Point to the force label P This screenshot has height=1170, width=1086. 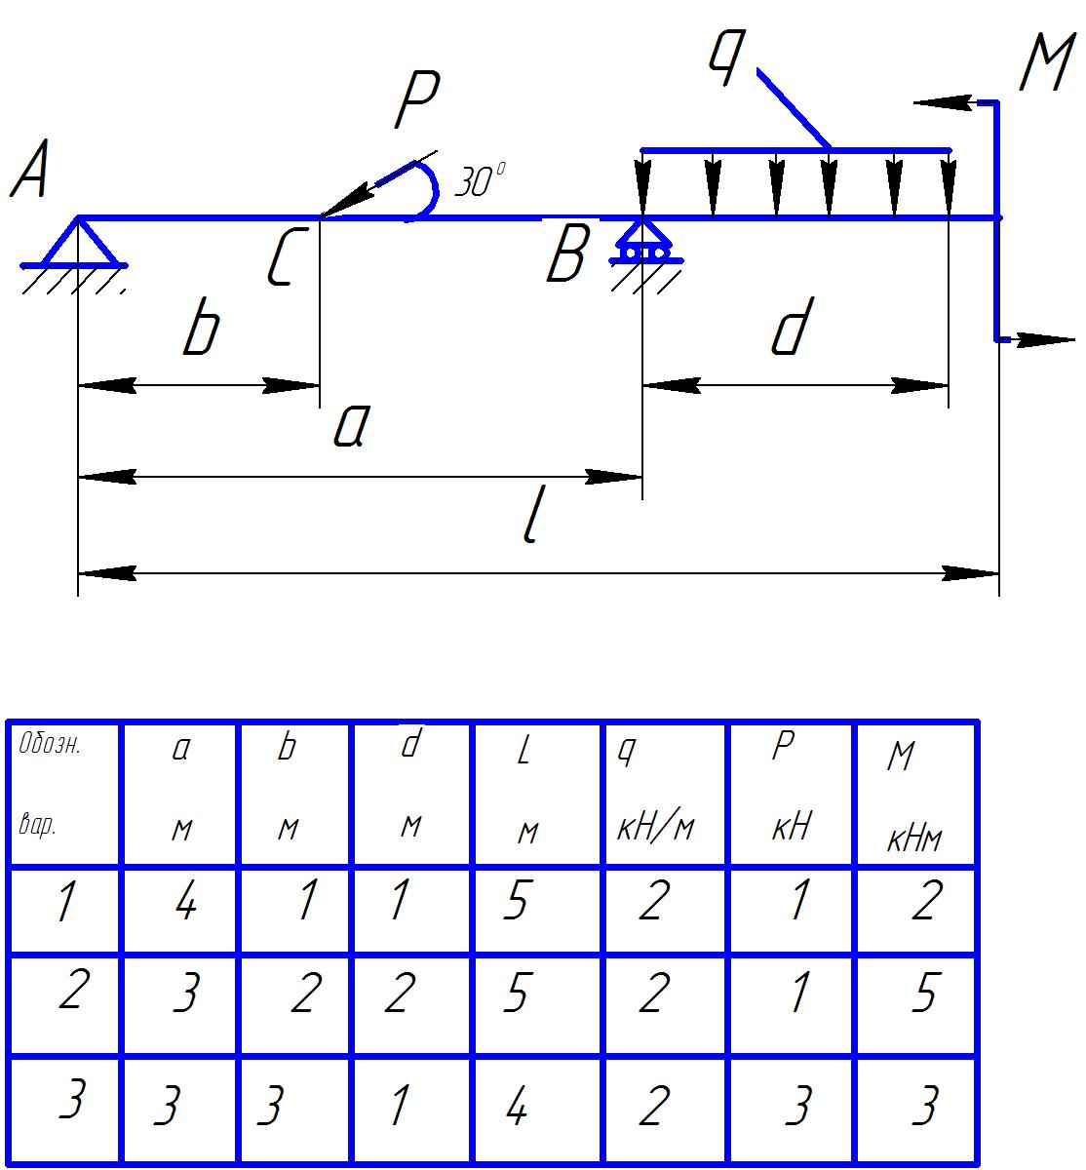click(417, 102)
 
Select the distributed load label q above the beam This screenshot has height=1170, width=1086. click(725, 58)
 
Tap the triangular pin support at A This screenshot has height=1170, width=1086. click(77, 245)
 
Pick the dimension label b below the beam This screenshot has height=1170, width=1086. click(201, 331)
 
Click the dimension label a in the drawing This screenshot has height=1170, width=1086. click(348, 427)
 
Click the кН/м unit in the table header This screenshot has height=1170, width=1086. click(656, 830)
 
